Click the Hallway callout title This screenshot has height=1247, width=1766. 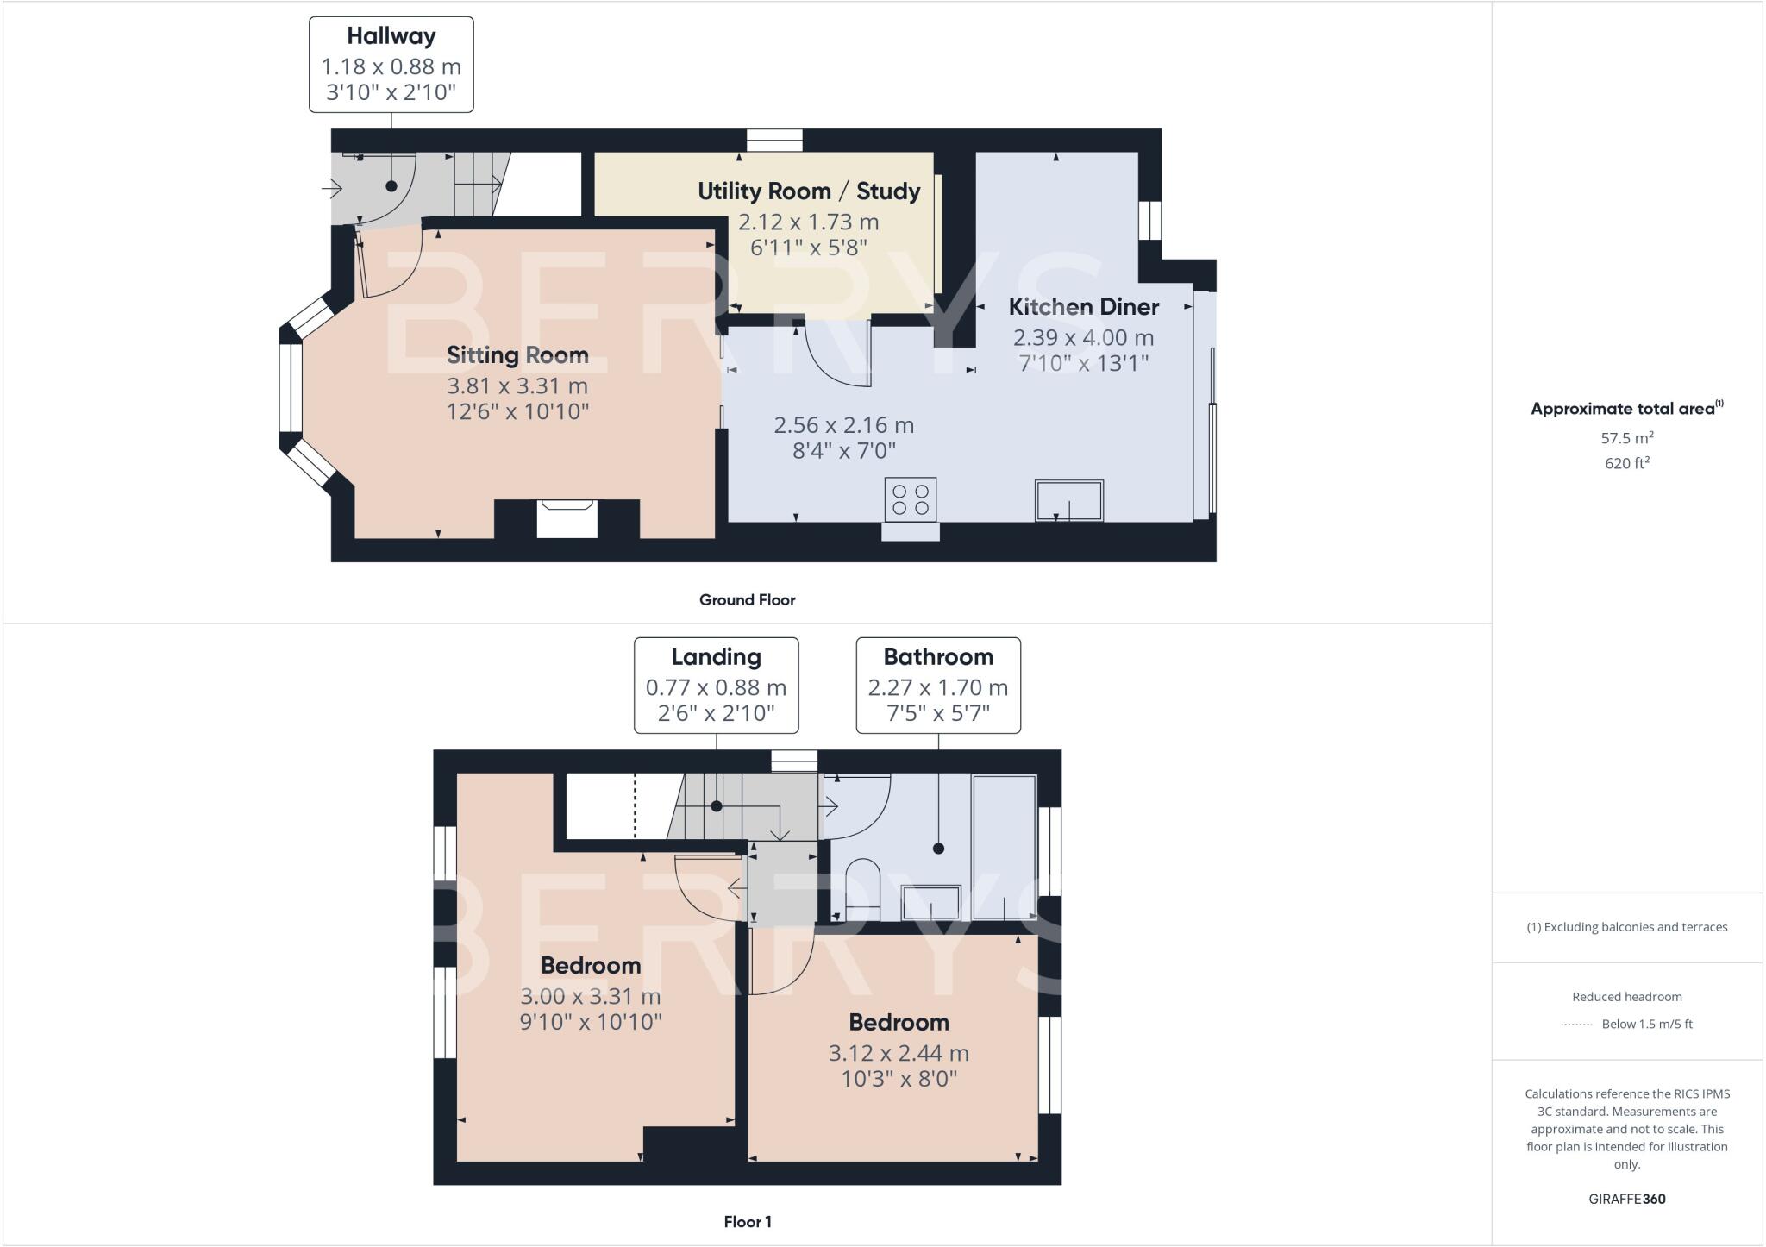(391, 36)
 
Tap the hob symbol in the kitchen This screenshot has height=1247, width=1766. (910, 499)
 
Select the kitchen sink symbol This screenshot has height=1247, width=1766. (1069, 501)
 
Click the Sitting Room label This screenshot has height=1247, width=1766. (517, 355)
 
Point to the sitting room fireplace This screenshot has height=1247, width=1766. (567, 518)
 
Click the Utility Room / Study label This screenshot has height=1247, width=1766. (809, 191)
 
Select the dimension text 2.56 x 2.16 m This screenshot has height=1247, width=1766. (843, 425)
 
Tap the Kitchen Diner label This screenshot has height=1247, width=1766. (1084, 307)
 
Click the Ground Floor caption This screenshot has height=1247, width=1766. (747, 600)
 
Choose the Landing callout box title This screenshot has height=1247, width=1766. (716, 657)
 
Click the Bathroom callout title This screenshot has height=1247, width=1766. (938, 657)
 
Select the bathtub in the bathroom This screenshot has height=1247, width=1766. (1004, 847)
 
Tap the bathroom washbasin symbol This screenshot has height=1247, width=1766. (930, 902)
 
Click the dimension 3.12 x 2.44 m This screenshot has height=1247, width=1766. (899, 1054)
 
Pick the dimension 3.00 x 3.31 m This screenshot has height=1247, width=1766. (591, 997)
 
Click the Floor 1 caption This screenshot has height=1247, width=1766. (747, 1222)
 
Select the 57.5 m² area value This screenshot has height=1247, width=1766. (1626, 438)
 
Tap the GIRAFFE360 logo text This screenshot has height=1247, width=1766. (1626, 1200)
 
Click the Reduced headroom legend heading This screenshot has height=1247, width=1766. (1626, 997)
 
